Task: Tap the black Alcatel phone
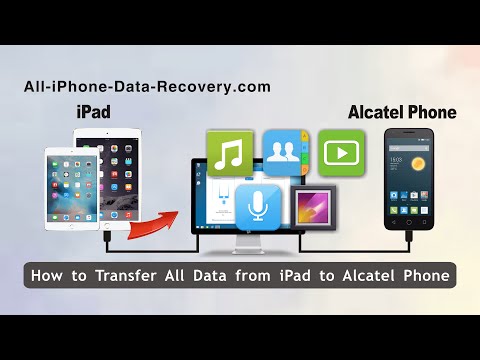point(411,195)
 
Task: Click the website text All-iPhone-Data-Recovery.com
point(147,87)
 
